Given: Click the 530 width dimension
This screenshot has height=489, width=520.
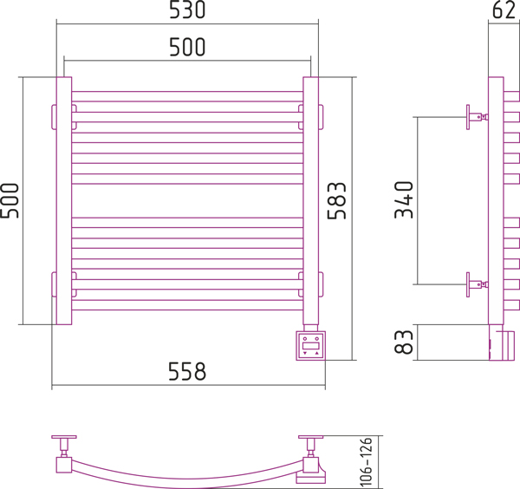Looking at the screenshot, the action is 187,10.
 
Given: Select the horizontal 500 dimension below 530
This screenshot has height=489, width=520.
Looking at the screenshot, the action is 187,47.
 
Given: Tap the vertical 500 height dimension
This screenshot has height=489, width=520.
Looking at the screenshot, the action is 10,200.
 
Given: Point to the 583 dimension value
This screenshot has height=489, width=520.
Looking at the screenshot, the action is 336,200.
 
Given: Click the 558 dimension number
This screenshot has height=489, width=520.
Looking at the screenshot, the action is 187,371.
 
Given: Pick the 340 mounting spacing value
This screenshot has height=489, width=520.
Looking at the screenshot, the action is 404,199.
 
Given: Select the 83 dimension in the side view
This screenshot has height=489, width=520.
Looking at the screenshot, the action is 404,342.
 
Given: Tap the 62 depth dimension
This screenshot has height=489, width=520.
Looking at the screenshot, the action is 504,10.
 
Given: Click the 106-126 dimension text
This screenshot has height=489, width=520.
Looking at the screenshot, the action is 366,462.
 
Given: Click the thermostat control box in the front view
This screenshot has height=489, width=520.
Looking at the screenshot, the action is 311,346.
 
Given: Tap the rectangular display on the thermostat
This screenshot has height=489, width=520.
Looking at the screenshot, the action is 311,346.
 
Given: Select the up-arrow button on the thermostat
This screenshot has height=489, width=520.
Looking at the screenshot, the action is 316,354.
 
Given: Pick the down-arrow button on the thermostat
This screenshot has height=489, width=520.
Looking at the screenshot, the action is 305,354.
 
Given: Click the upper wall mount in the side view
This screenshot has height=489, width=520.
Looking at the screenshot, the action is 477,117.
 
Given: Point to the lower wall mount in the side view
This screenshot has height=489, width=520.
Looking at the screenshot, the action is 477,284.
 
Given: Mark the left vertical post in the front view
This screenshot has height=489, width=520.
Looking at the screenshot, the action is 64,200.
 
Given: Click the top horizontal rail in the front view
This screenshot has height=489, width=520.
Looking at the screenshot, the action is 187,96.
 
